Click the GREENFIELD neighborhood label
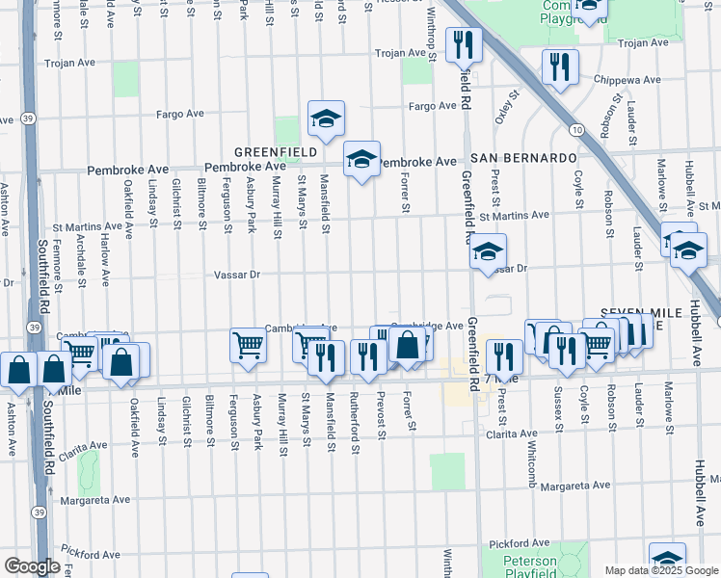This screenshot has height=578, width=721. click(271, 152)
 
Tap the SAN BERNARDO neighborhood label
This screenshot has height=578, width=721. click(523, 157)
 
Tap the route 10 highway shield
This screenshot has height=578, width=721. click(575, 129)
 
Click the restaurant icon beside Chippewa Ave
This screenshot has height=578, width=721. click(559, 66)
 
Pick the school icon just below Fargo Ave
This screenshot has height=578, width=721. click(326, 119)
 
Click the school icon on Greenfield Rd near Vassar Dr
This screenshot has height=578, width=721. click(488, 252)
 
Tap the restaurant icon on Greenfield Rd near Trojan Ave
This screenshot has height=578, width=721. click(464, 43)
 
